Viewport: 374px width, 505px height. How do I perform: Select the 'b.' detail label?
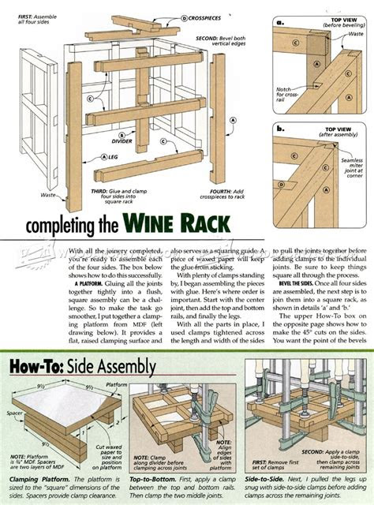pos(280,126)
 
